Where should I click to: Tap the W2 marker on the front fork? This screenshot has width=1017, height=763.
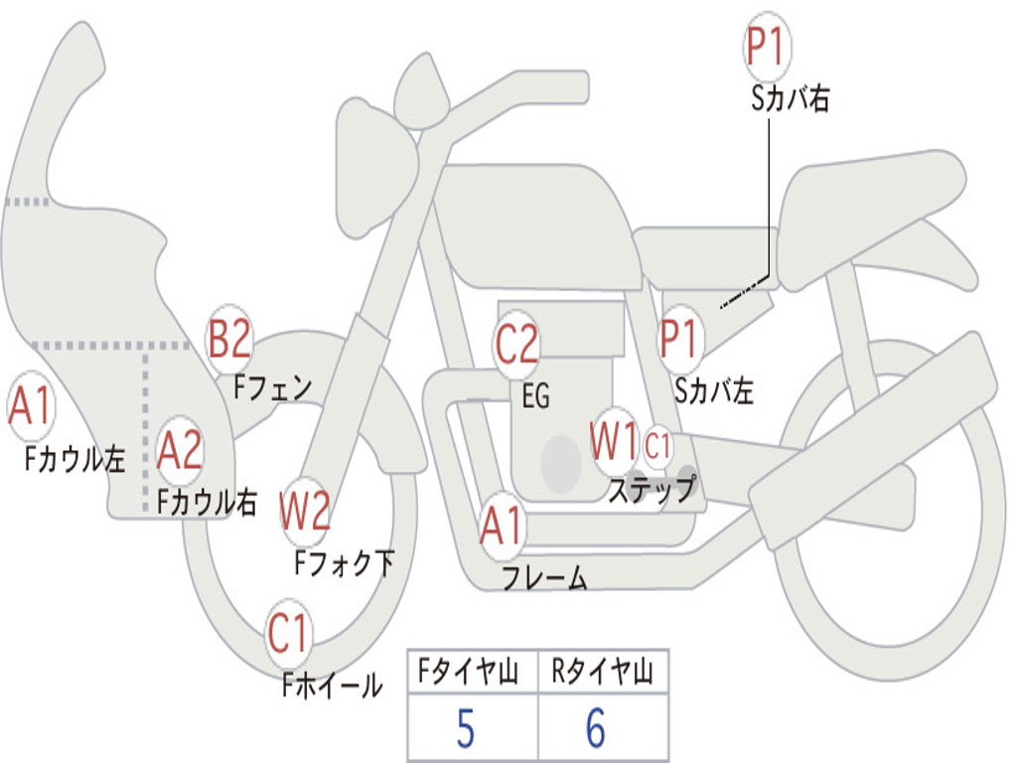[304, 512]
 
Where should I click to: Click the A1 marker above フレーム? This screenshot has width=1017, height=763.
[502, 527]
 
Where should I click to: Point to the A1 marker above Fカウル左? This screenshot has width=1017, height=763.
[30, 406]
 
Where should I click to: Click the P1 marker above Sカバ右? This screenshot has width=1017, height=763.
[767, 49]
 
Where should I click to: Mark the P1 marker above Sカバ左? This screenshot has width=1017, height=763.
[681, 339]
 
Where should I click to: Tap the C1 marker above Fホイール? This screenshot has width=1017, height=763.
[289, 633]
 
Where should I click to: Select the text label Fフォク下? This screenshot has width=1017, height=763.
[345, 564]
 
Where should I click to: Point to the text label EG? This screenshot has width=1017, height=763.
[535, 396]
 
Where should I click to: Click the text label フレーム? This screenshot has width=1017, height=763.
[544, 578]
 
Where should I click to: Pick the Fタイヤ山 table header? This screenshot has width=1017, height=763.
[471, 674]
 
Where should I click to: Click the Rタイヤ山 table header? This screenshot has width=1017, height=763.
[602, 674]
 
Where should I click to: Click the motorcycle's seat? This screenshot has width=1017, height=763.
[874, 194]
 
